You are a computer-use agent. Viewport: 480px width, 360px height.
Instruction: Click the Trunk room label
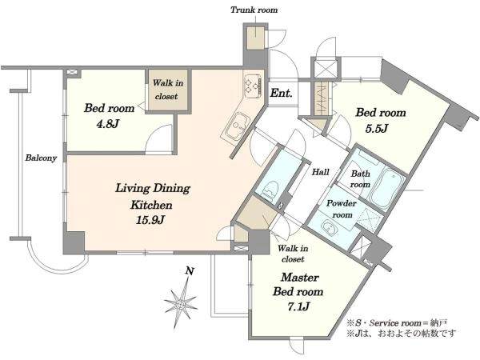click(x=254, y=10)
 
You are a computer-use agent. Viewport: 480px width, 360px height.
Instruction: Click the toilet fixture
click(x=270, y=190)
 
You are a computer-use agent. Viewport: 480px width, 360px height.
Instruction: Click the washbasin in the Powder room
click(x=328, y=227)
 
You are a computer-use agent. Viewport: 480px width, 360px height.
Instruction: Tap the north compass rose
click(x=181, y=304)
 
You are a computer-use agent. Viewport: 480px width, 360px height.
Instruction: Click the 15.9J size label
click(x=151, y=220)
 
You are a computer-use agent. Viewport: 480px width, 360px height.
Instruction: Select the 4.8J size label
click(x=107, y=124)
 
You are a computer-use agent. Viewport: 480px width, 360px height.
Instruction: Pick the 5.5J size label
click(x=377, y=129)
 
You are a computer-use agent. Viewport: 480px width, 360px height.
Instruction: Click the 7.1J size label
click(x=298, y=306)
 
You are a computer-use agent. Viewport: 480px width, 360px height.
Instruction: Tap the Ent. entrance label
click(x=281, y=93)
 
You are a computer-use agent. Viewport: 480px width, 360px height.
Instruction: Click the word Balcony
click(x=41, y=158)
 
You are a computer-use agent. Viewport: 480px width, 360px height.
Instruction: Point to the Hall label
click(x=321, y=172)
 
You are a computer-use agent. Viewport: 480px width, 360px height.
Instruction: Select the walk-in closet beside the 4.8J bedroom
click(x=169, y=91)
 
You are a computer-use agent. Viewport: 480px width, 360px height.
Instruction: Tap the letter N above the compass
click(x=190, y=270)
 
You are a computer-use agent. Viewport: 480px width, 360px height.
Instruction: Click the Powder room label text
click(x=342, y=209)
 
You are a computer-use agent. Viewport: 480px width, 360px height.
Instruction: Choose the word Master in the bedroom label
click(x=300, y=278)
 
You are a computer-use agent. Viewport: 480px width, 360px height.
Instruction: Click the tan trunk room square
click(x=256, y=38)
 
